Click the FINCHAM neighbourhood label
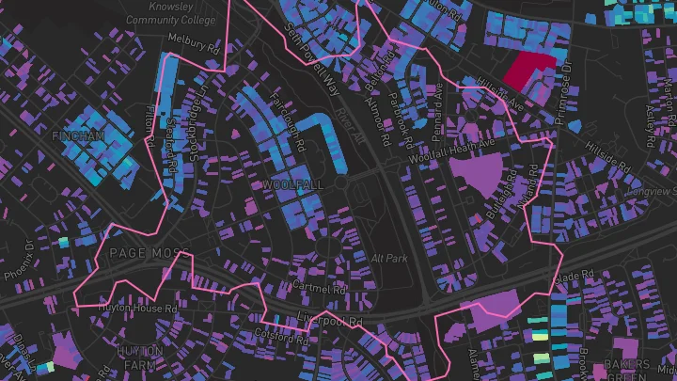click(x=80, y=136)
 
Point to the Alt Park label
click(x=388, y=258)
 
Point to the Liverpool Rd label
click(x=330, y=318)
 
